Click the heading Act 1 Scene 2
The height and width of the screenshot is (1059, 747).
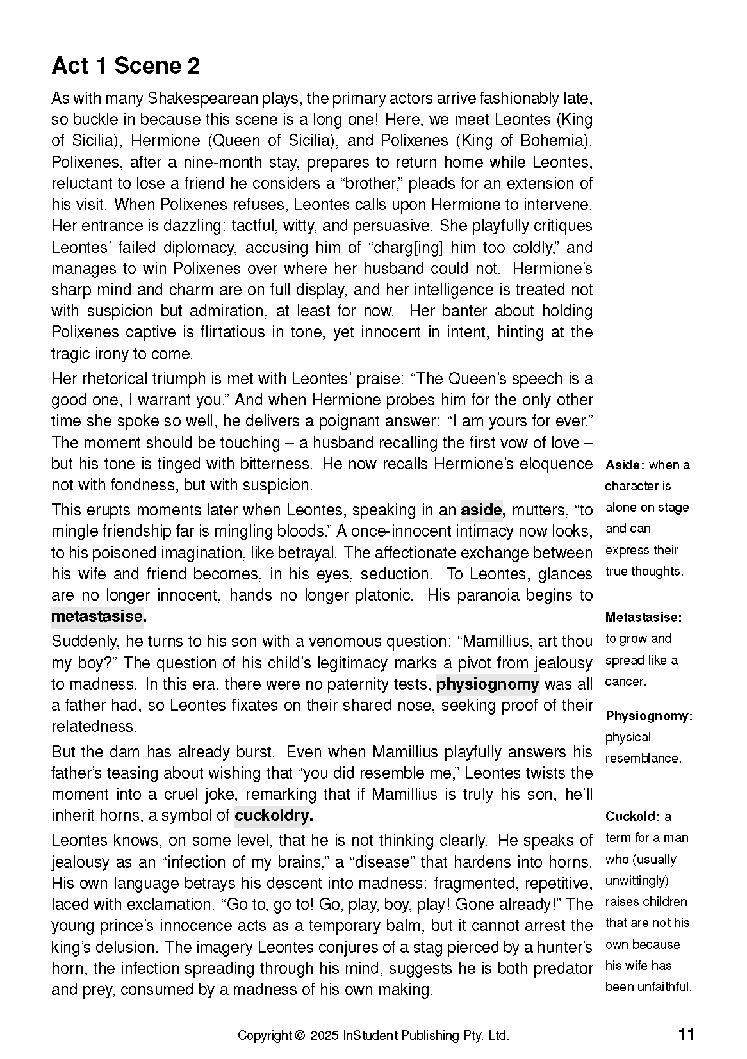(126, 66)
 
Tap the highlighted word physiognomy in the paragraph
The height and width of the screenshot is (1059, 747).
(488, 684)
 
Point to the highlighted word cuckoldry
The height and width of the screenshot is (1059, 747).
(273, 816)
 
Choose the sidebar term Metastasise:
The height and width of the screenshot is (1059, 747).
(643, 618)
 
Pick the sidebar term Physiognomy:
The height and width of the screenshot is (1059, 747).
(648, 716)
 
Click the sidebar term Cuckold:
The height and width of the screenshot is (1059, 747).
(632, 817)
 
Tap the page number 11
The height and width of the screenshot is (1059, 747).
(685, 1035)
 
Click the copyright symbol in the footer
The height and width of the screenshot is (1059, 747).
(299, 1036)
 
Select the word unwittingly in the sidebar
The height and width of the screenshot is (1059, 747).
(636, 881)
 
